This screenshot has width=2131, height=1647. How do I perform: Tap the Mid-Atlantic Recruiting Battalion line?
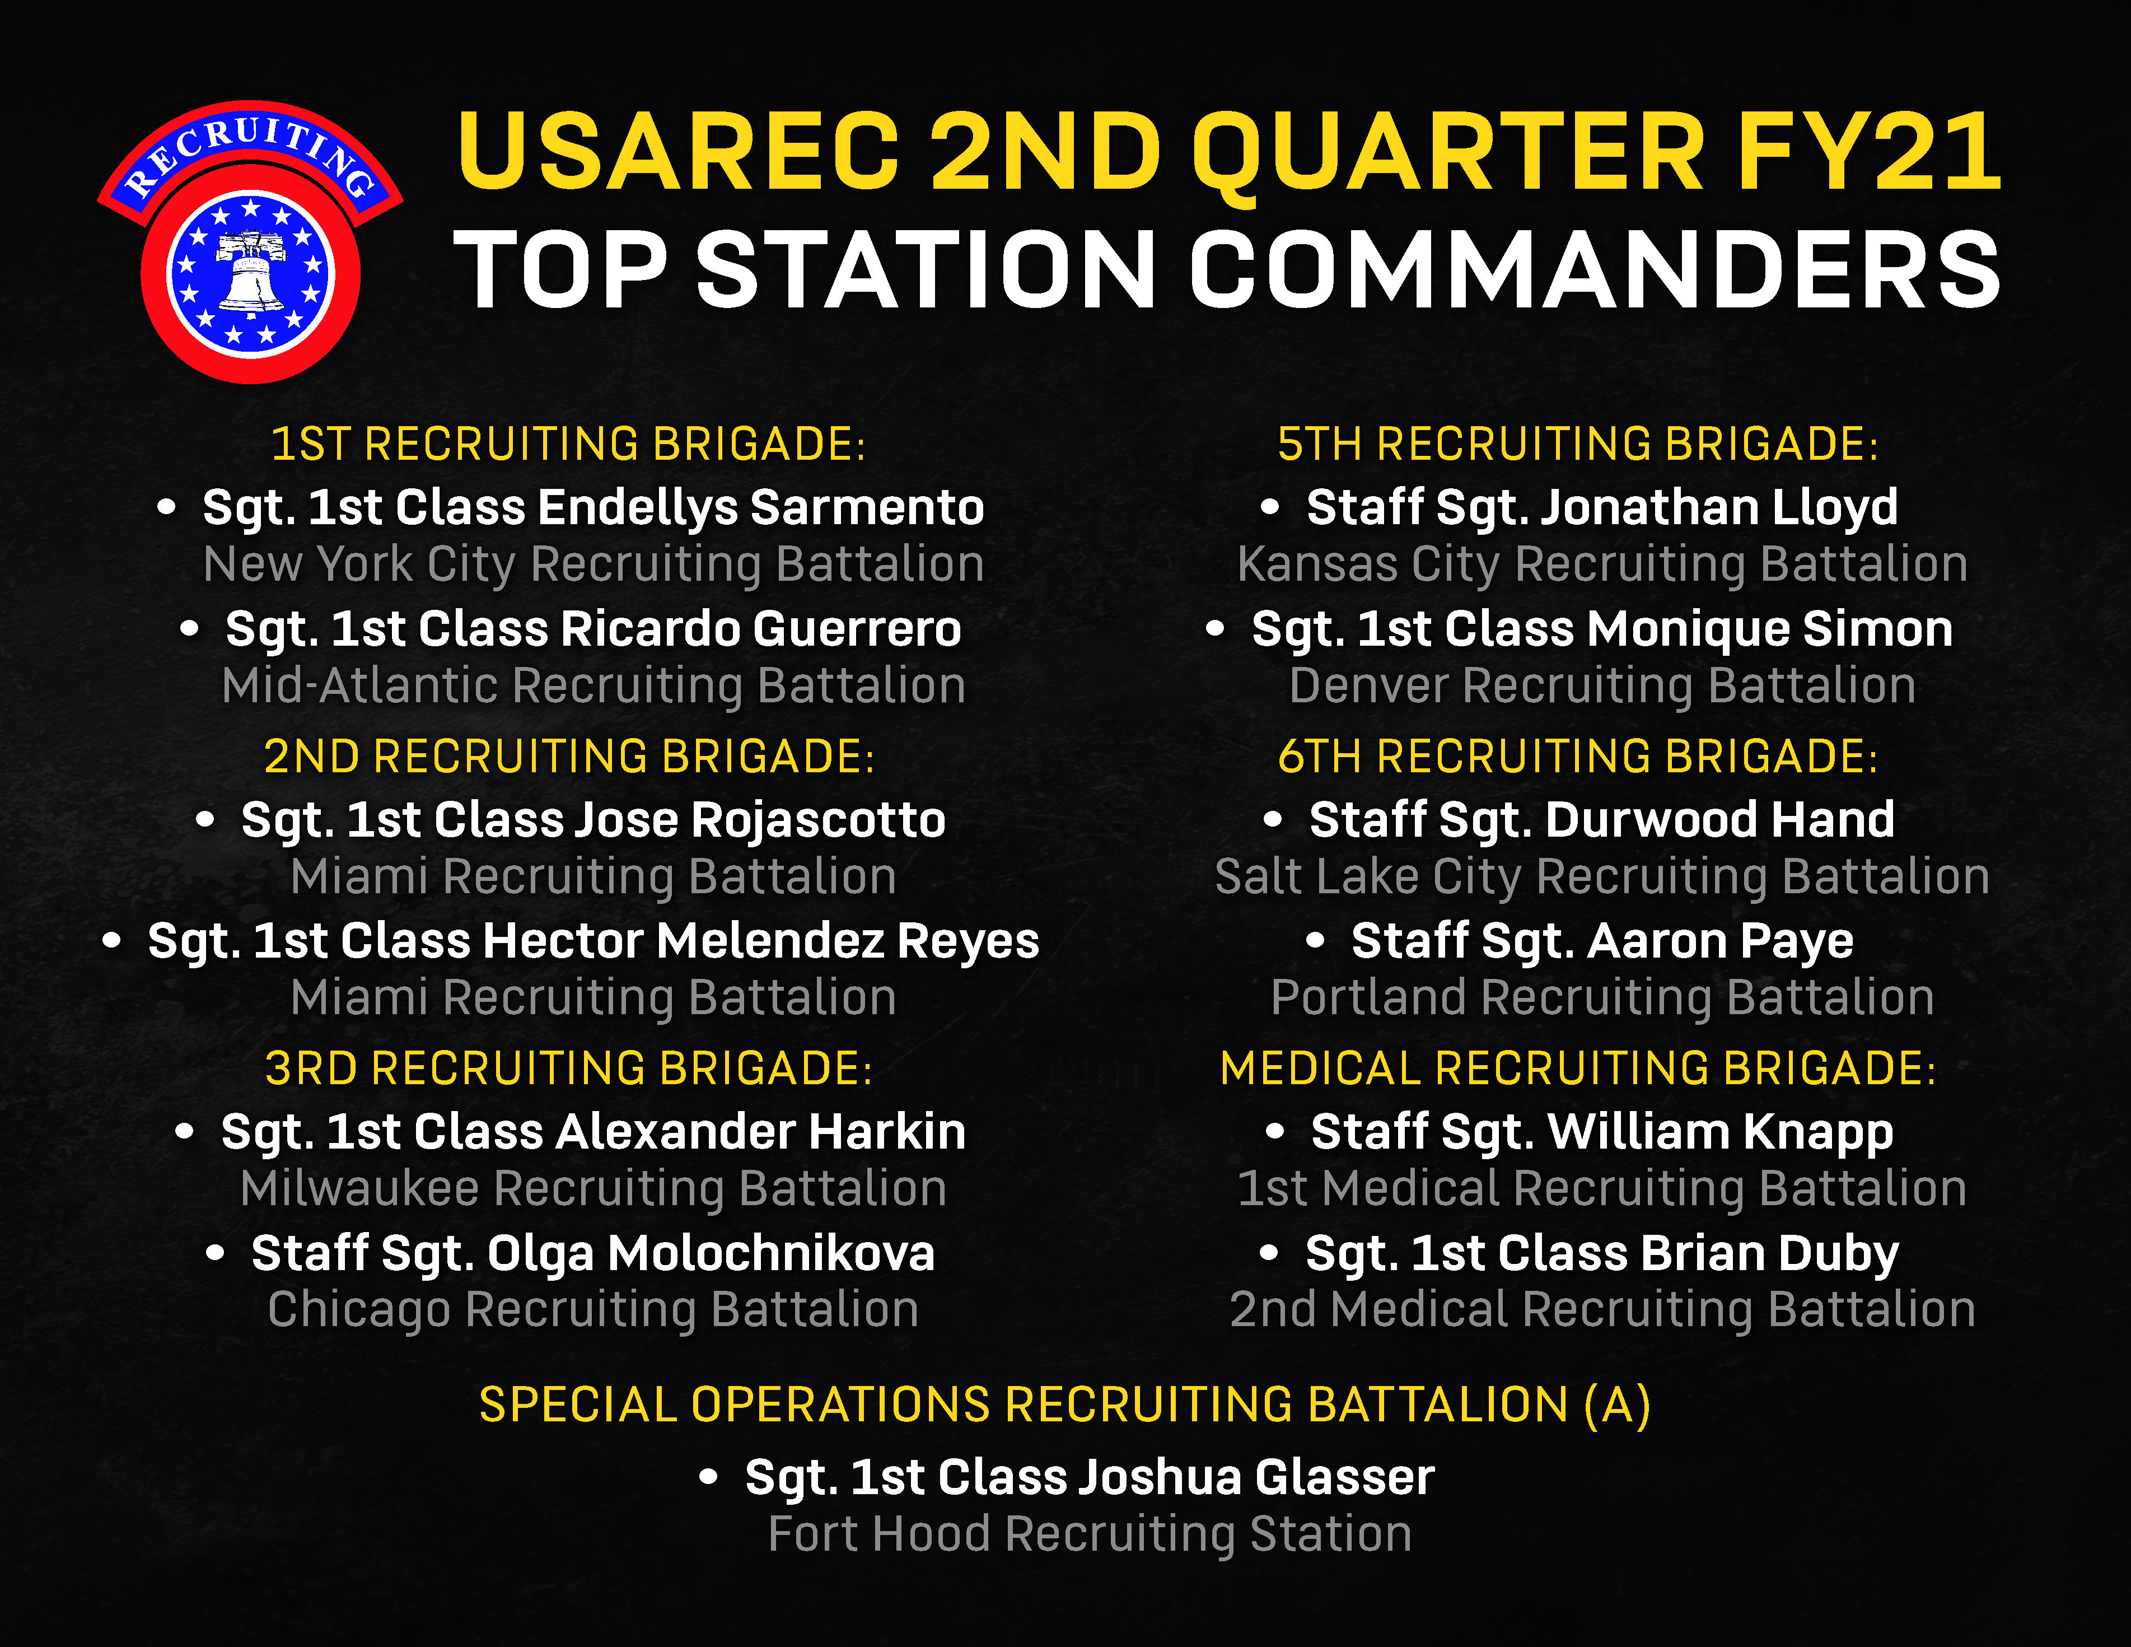(593, 686)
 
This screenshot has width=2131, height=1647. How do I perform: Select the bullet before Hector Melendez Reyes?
(112, 941)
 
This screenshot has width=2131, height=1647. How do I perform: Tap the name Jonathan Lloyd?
(1719, 507)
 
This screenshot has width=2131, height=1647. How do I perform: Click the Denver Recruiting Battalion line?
(1602, 686)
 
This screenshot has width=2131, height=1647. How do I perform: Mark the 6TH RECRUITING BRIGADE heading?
(1578, 756)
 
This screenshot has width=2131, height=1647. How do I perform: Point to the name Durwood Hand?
(1719, 820)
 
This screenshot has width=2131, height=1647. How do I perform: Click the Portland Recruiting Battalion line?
(1602, 998)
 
